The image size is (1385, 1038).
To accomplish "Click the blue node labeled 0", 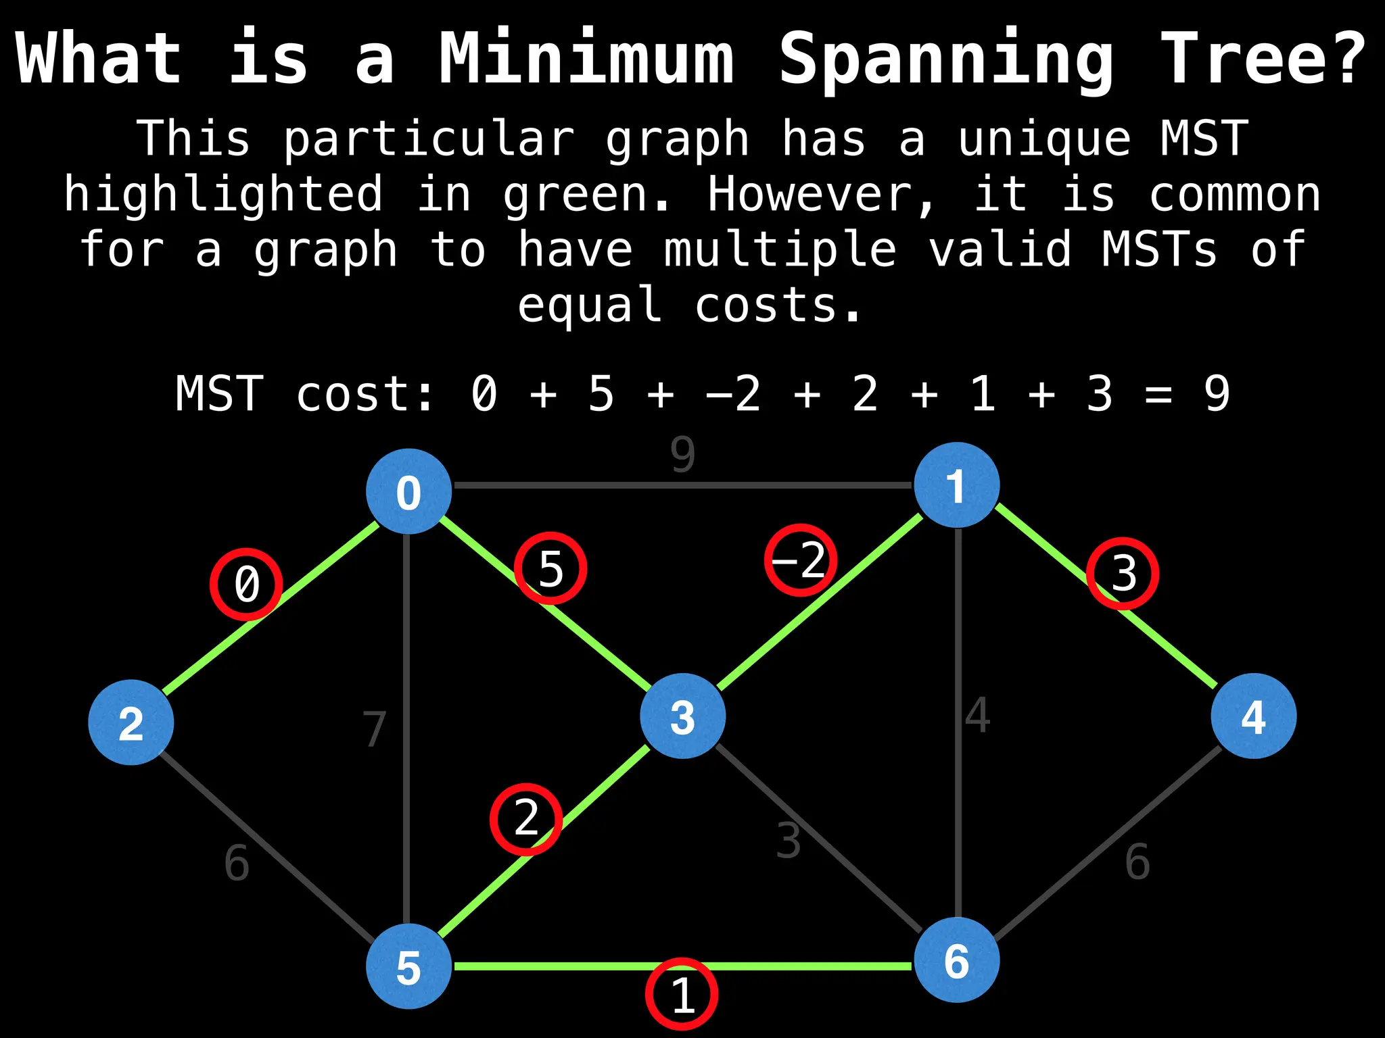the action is [408, 491].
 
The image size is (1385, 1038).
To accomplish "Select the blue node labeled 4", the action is [1253, 716].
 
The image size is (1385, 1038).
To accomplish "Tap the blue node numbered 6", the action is [956, 960].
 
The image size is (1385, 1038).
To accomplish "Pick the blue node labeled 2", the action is [131, 722].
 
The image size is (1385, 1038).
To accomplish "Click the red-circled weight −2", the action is [801, 560].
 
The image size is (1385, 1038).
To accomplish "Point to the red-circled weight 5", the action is [550, 568].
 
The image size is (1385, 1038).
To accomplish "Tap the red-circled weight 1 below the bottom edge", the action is [682, 994].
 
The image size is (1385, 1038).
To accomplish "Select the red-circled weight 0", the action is [246, 584].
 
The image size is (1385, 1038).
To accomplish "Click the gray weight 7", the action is [374, 729].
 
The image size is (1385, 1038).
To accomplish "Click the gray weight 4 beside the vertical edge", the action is [978, 715].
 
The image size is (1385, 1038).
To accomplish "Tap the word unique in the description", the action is [1044, 139].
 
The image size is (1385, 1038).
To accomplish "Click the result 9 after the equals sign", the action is [1217, 394].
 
